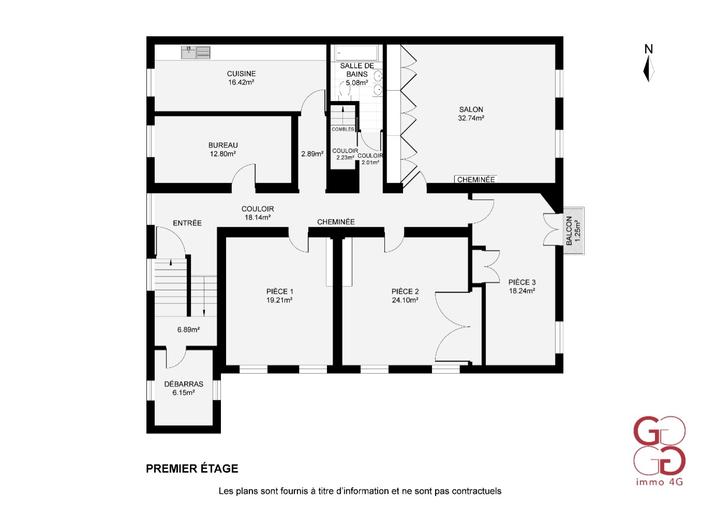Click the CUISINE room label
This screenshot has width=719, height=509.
pyautogui.click(x=241, y=74)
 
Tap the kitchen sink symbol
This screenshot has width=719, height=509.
pyautogui.click(x=196, y=52)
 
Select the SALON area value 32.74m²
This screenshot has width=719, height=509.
pyautogui.click(x=471, y=118)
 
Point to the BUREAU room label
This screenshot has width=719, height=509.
pyautogui.click(x=223, y=146)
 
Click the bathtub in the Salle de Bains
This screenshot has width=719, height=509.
pyautogui.click(x=356, y=53)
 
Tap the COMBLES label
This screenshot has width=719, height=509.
pyautogui.click(x=343, y=129)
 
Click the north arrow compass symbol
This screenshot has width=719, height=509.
pyautogui.click(x=649, y=68)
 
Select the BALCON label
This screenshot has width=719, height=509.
pyautogui.click(x=569, y=231)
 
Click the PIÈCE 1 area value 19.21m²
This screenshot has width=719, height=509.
pyautogui.click(x=279, y=300)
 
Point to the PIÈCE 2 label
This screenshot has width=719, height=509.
pyautogui.click(x=405, y=292)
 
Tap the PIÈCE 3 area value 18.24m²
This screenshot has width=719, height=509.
pyautogui.click(x=521, y=291)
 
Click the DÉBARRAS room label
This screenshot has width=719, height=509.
pyautogui.click(x=184, y=384)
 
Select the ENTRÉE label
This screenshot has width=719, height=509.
pyautogui.click(x=187, y=223)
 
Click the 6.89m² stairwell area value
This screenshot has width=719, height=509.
pyautogui.click(x=188, y=330)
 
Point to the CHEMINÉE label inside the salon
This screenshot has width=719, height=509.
pyautogui.click(x=476, y=180)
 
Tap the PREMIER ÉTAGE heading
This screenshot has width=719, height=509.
pyautogui.click(x=192, y=469)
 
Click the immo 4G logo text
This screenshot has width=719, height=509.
pyautogui.click(x=660, y=491)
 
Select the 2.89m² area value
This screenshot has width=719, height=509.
pyautogui.click(x=312, y=154)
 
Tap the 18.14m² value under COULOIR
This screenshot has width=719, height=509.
pyautogui.click(x=258, y=217)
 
